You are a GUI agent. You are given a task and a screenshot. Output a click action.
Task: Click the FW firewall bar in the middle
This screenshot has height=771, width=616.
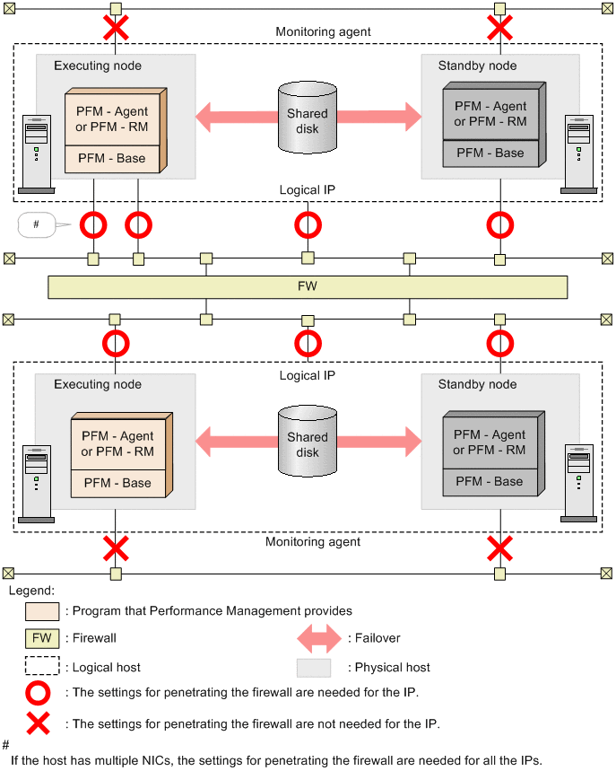(308, 287)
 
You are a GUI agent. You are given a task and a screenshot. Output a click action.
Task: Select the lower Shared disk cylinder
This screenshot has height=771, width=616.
(308, 442)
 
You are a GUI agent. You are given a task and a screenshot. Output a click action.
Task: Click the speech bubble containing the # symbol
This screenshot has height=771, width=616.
(37, 224)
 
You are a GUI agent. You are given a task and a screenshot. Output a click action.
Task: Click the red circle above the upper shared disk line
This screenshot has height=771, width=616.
(308, 223)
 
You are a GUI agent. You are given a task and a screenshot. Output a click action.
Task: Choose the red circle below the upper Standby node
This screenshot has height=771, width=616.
(499, 223)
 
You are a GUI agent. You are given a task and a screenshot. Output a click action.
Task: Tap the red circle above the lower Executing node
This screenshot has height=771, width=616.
(115, 344)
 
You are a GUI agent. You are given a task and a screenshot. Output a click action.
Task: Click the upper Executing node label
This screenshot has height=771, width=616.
(98, 66)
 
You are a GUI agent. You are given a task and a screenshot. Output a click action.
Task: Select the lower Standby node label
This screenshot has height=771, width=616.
(477, 384)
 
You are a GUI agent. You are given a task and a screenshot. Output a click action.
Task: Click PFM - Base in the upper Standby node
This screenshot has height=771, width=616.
(490, 153)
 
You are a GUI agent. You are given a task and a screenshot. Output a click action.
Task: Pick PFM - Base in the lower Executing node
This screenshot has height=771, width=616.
(117, 483)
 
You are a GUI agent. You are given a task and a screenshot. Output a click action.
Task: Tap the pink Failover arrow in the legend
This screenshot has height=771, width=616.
(319, 638)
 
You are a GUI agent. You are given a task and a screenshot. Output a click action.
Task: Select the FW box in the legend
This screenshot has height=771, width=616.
(42, 638)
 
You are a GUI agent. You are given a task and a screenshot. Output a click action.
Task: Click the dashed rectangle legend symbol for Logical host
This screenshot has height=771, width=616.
(42, 667)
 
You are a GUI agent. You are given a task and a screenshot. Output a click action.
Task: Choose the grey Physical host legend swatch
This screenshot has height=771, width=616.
(314, 667)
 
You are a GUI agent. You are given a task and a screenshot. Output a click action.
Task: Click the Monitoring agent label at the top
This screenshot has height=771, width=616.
(323, 32)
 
